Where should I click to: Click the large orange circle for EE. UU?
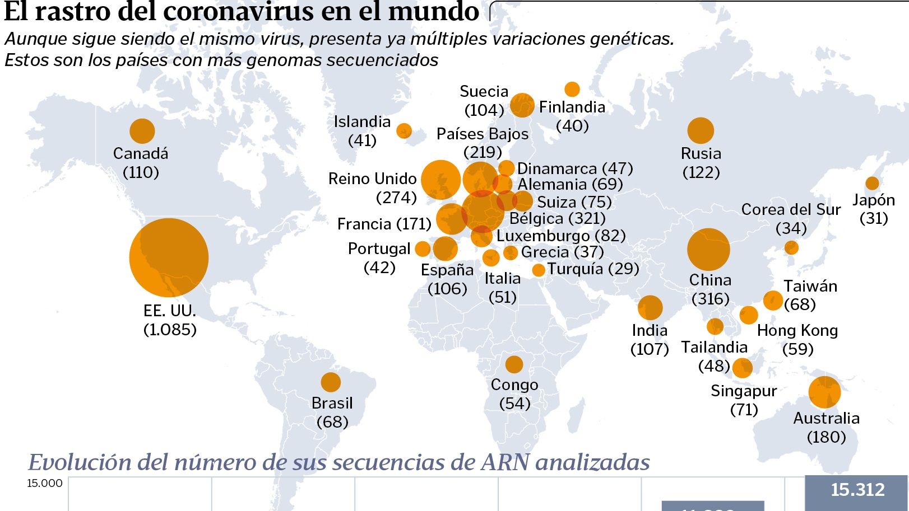tap(169, 257)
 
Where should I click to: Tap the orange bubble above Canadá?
tap(142, 132)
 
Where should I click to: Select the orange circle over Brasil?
tap(331, 382)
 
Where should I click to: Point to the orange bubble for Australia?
tap(824, 392)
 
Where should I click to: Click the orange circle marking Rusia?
tap(701, 131)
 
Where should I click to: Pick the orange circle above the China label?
tap(708, 250)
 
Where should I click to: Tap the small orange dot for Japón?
tap(872, 184)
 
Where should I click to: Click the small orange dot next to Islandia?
tap(404, 131)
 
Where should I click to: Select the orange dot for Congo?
tap(514, 365)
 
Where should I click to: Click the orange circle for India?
tap(650, 307)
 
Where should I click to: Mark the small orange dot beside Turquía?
tap(539, 270)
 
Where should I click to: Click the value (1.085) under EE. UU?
tap(170, 329)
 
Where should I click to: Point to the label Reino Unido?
tap(372, 179)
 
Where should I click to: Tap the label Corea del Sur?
tap(791, 210)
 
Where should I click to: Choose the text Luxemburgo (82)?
tap(561, 236)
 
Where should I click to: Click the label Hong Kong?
tap(797, 331)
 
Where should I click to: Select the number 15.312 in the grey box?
tap(857, 490)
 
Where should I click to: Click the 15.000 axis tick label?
tap(45, 484)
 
